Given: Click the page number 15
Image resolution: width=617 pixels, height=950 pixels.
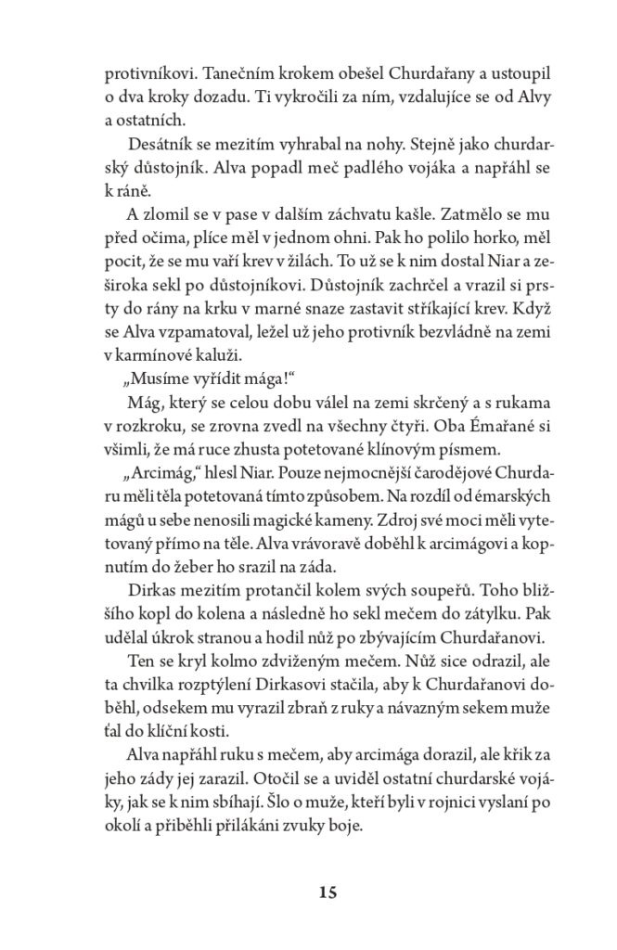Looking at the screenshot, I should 308,893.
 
